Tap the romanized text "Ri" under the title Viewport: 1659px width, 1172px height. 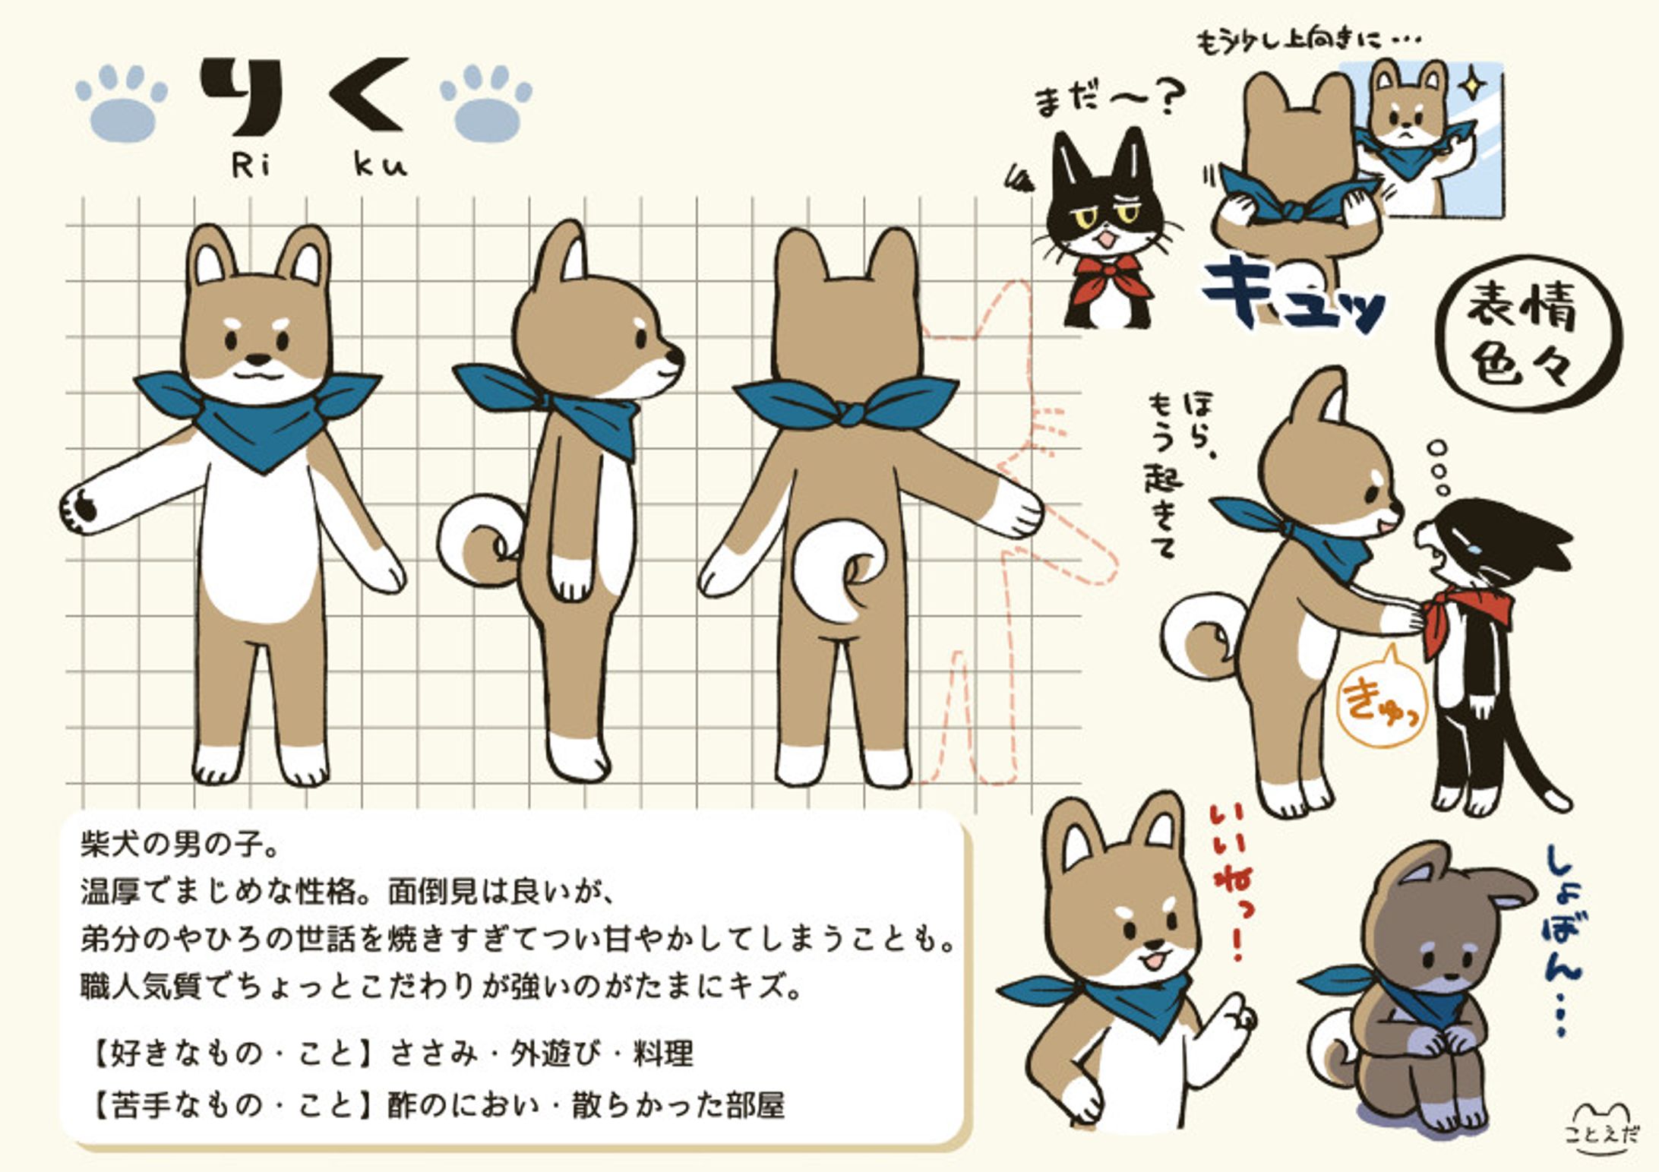(251, 164)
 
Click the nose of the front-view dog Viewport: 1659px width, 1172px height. (258, 359)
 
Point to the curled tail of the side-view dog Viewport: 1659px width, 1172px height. (479, 540)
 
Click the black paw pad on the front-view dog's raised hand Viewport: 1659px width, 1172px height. (84, 506)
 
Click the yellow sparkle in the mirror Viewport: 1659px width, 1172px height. (1473, 84)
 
